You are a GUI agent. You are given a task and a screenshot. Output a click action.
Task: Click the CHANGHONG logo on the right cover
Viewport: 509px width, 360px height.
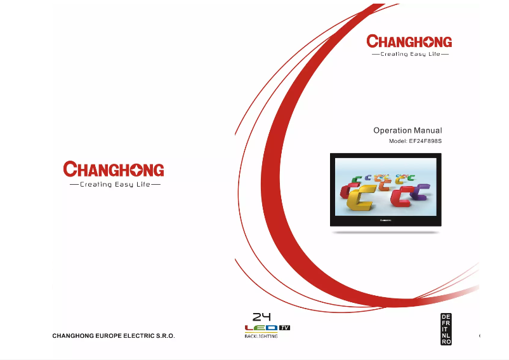[409, 42]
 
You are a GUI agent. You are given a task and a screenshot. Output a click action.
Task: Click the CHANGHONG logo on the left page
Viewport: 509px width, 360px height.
[114, 170]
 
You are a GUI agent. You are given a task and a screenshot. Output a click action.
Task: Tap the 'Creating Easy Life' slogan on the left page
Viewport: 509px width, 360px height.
[114, 185]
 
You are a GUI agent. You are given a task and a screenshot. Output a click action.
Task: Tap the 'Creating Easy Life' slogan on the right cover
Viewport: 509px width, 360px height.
[409, 55]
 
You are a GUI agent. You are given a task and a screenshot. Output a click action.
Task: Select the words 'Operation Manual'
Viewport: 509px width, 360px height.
[407, 130]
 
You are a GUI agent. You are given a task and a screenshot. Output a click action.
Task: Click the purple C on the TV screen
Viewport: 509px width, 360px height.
[420, 191]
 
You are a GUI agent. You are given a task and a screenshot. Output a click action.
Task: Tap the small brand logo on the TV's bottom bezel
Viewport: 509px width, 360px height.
[385, 220]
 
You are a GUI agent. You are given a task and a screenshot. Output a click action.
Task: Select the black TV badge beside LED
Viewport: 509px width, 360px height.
[284, 328]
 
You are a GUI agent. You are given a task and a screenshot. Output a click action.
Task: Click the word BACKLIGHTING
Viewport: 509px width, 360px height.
[261, 337]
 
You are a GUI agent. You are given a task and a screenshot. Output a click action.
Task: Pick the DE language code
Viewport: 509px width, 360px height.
[446, 317]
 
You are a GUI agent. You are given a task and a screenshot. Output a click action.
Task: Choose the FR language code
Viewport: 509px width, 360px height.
[446, 323]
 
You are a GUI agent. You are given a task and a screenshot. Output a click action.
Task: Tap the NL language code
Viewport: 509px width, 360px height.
[446, 335]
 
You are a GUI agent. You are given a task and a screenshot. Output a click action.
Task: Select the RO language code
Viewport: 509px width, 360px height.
[446, 342]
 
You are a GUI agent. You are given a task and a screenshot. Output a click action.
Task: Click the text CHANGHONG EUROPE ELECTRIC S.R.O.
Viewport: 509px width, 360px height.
[113, 335]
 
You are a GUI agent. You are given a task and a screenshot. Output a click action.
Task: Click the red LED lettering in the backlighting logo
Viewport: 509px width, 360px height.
[261, 328]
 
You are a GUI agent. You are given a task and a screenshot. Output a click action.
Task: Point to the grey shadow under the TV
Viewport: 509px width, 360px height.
[385, 232]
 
